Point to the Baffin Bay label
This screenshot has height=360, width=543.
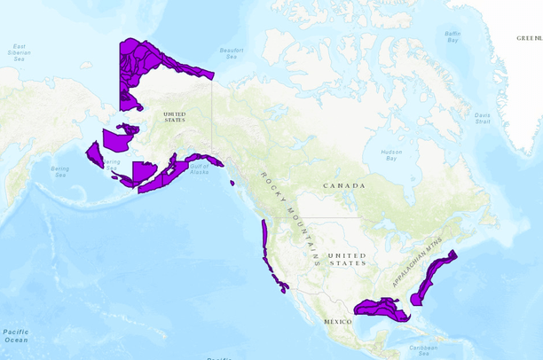click(452, 36)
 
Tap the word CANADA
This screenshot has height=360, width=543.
click(344, 185)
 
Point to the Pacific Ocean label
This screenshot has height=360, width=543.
click(15, 335)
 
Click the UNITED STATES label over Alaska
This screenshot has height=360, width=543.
click(174, 116)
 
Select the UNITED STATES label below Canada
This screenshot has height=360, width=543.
click(347, 258)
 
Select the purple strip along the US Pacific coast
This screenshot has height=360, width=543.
click(265, 244)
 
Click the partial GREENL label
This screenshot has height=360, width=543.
click(529, 39)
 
